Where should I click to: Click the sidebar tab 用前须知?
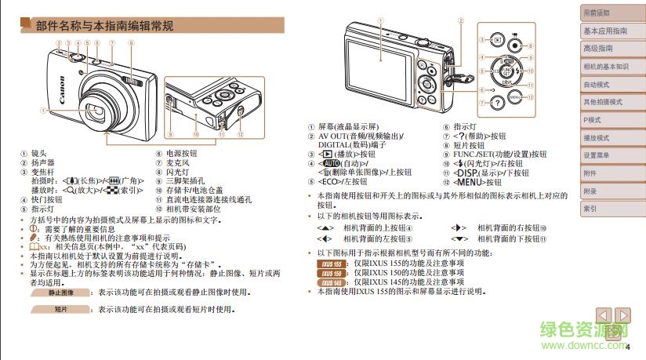(x=597, y=13)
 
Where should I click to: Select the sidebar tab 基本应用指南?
(x=604, y=31)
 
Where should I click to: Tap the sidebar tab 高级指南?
(x=597, y=49)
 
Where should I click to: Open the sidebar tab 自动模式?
(x=597, y=85)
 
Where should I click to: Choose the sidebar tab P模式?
(x=593, y=120)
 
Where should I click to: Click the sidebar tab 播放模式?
(x=597, y=138)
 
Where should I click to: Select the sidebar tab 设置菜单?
(x=597, y=155)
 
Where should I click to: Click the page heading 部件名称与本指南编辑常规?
(x=105, y=26)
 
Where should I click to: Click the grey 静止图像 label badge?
(x=60, y=292)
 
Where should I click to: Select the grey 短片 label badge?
(x=60, y=309)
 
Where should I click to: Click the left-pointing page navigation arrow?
(x=604, y=315)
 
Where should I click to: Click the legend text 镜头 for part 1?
(x=38, y=155)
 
